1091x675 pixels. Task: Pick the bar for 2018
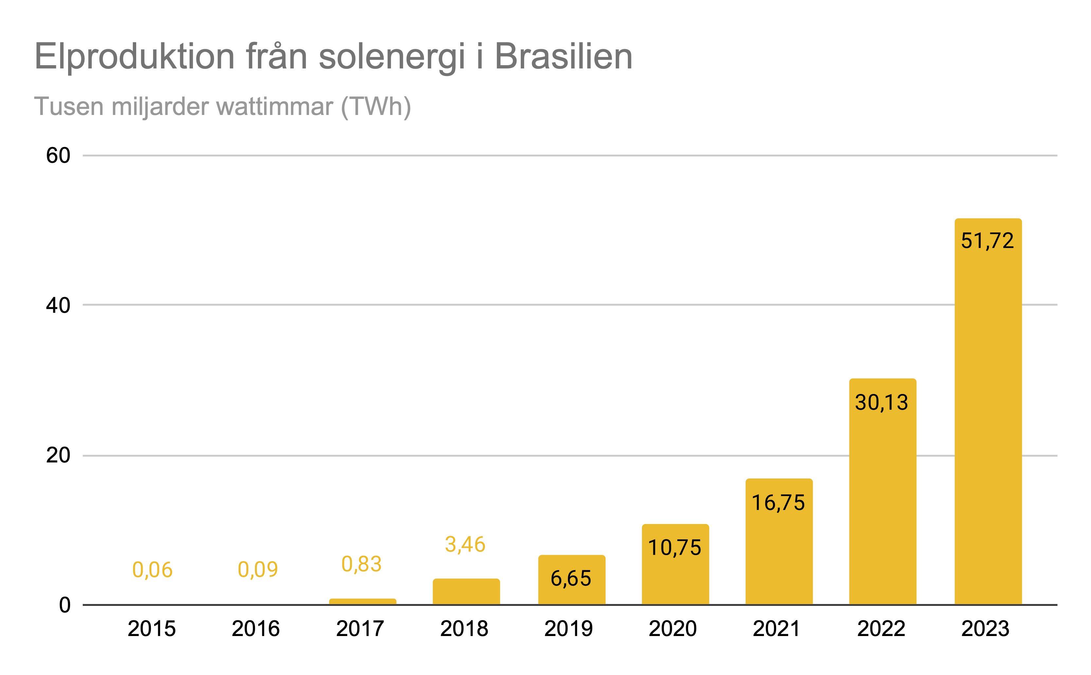point(466,592)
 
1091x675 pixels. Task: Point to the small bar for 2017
point(362,601)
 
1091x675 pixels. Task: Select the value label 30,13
point(881,402)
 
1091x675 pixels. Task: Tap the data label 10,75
point(674,548)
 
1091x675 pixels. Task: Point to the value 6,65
point(571,579)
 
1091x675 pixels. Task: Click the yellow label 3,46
point(465,545)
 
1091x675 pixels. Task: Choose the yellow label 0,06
point(152,570)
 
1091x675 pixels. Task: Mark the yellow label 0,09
point(258,570)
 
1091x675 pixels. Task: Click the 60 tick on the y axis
point(58,156)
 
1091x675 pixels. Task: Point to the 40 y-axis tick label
point(58,305)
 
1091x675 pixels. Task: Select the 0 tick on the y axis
point(65,605)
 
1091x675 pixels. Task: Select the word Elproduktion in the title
point(134,57)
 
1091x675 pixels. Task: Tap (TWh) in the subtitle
point(376,107)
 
